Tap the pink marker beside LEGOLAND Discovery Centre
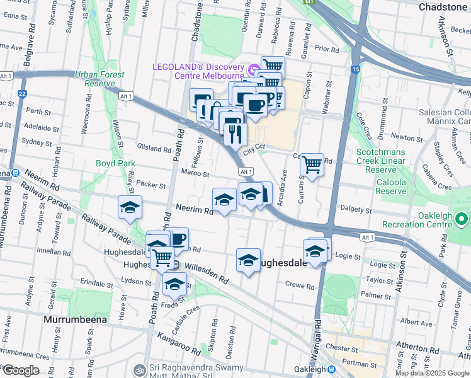254,68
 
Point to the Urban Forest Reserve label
99,79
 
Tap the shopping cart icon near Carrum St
312,164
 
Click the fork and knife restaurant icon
235,132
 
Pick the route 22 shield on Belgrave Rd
23,94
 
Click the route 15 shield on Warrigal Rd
356,69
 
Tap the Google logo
21,370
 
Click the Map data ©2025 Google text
432,373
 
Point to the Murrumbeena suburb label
76,319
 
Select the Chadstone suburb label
442,6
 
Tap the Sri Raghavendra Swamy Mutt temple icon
139,369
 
